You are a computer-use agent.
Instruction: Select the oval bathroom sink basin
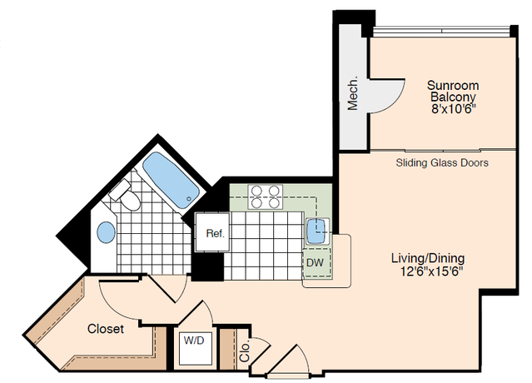point(107,232)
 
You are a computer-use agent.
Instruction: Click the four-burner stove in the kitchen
point(266,196)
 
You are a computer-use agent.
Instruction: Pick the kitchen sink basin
point(317,231)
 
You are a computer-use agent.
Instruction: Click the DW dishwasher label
point(315,262)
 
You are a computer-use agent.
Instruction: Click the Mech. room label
point(353,93)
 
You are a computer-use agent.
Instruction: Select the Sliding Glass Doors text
point(442,163)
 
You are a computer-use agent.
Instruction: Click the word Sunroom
point(453,85)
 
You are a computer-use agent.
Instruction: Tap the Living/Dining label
point(428,258)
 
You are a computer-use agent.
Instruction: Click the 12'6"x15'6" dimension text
point(431,271)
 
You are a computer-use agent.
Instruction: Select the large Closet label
point(106,328)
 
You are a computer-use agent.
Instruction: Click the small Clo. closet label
point(244,351)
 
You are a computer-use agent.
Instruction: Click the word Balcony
point(453,97)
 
